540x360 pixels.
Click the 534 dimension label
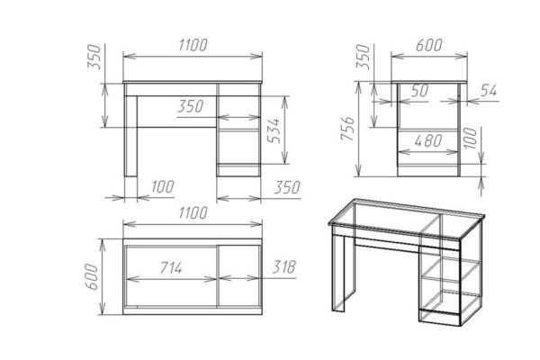point(274,130)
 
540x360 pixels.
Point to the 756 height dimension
point(347,129)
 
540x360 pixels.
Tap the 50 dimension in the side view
point(419,91)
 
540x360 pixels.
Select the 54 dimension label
point(489,91)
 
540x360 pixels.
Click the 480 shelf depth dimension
point(428,140)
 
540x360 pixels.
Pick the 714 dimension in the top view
point(171,267)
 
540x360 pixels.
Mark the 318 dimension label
point(283,266)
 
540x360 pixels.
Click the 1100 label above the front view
point(193,45)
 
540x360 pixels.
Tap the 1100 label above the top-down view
point(193,213)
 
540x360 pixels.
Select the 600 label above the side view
point(428,45)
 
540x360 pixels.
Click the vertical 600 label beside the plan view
point(92,276)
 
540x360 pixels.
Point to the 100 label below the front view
point(163,186)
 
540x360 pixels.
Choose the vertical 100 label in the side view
point(470,138)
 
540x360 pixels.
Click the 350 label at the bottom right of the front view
point(287,187)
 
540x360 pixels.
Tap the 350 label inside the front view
point(191,106)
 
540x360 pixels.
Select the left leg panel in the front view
point(130,136)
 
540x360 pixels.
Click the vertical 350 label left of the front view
point(94,57)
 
